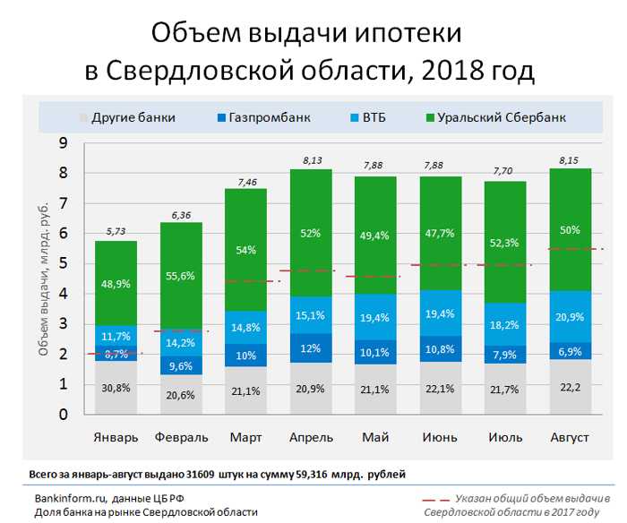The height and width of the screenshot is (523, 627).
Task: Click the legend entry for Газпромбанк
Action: click(x=265, y=117)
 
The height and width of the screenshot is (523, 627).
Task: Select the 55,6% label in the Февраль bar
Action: click(x=181, y=278)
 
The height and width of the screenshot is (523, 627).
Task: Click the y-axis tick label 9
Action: click(x=63, y=143)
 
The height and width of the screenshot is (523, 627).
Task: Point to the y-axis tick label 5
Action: click(x=63, y=264)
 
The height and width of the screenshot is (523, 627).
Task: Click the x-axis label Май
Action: click(x=374, y=437)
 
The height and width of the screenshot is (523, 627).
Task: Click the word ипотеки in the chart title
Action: click(x=406, y=33)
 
